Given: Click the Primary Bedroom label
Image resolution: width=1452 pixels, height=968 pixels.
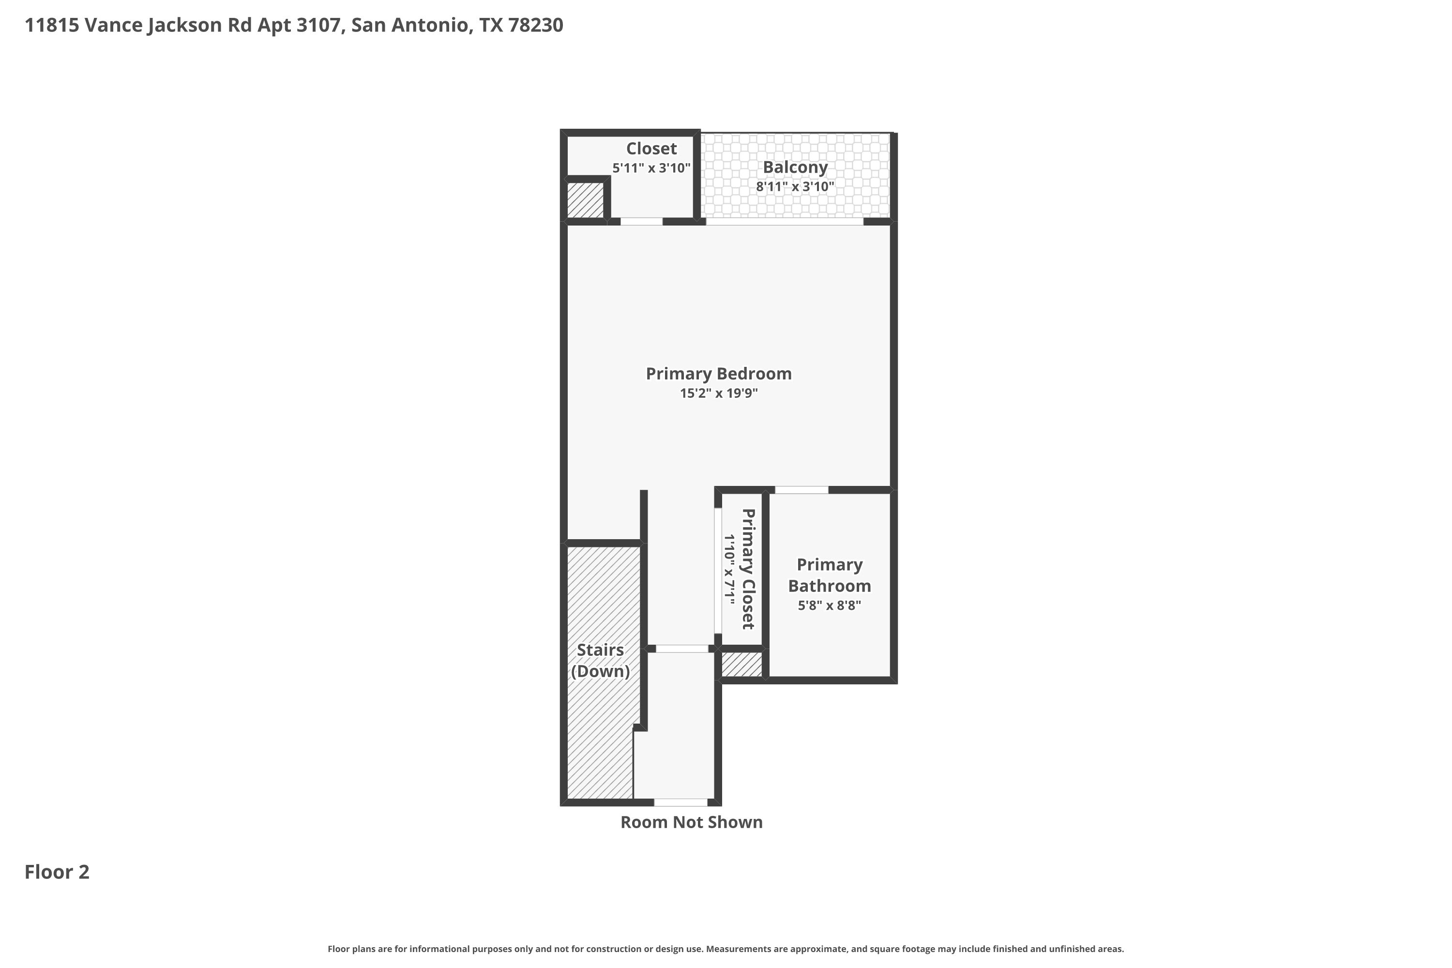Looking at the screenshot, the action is (719, 374).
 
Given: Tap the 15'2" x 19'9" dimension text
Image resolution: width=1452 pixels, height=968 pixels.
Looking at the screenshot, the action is (719, 393).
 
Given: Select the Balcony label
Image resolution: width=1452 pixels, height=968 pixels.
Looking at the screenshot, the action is (795, 167).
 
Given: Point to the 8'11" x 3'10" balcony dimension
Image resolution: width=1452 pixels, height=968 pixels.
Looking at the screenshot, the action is (795, 186).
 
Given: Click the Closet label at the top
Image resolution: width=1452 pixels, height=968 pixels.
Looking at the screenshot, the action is (651, 148).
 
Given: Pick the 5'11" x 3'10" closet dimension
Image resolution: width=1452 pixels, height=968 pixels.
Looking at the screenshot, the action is (651, 168).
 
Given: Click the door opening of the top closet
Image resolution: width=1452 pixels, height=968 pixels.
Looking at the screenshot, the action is (641, 221).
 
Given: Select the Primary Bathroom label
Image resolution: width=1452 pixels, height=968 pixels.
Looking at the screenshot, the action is (830, 575).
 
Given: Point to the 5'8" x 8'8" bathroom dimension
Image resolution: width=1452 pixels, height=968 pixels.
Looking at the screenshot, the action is (830, 605).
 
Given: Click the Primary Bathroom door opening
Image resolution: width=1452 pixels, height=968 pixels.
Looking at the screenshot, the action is (802, 489).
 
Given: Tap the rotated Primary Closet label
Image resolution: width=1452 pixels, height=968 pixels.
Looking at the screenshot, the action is (748, 569).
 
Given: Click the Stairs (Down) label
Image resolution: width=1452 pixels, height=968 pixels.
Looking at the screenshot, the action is (600, 661).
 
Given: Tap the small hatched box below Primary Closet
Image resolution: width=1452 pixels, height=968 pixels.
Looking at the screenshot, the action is (741, 664).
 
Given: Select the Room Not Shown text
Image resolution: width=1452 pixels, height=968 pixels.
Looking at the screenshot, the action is (692, 822).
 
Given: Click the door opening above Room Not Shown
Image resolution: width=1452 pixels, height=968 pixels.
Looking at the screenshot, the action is (681, 802).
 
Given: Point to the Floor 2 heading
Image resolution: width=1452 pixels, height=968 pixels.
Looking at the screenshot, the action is (57, 872).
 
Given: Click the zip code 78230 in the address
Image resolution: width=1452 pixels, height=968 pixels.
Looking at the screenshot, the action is (536, 25).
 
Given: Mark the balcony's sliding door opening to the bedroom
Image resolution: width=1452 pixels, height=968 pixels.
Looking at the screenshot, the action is (785, 221).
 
